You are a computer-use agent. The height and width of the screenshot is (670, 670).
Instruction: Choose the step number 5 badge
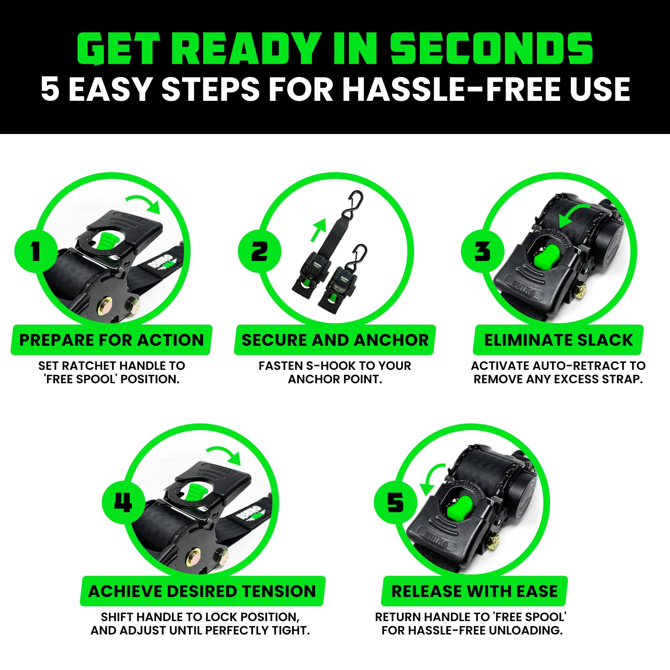[395, 502]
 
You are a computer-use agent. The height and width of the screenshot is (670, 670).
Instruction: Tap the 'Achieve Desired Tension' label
[202, 591]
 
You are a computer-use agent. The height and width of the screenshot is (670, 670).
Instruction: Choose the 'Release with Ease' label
[474, 591]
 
